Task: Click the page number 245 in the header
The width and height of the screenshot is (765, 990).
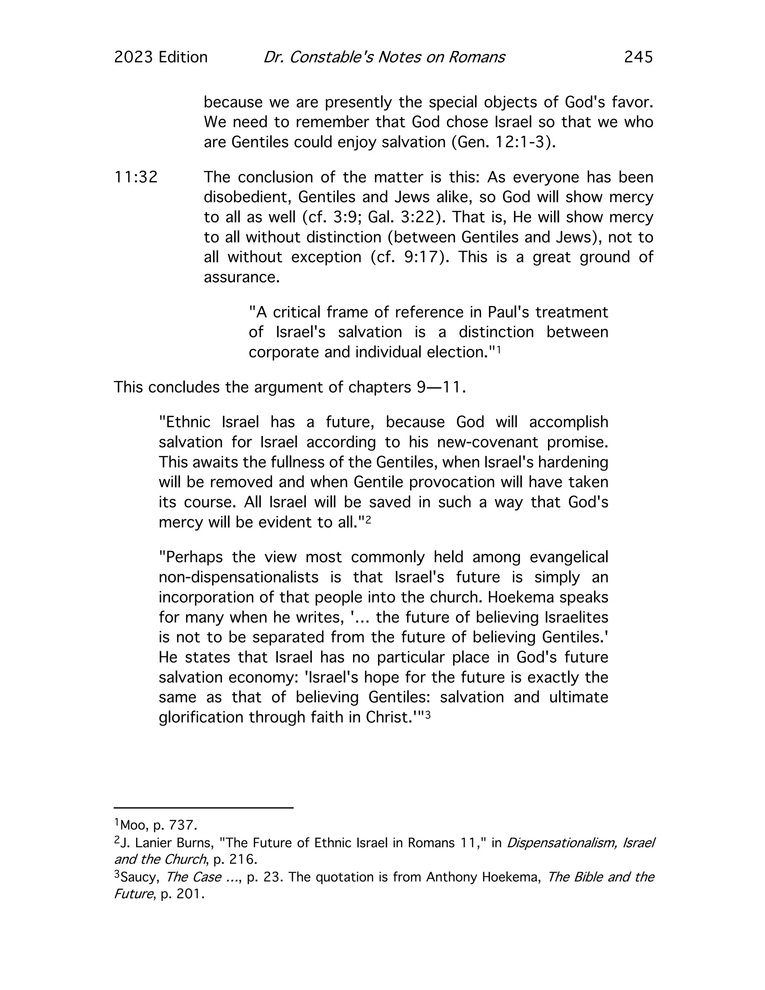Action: pyautogui.click(x=638, y=57)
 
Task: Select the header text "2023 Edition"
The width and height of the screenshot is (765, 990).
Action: pyautogui.click(x=161, y=57)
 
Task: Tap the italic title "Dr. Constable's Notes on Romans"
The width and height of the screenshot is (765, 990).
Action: pyautogui.click(x=384, y=57)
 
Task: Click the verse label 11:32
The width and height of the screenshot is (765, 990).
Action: pyautogui.click(x=136, y=177)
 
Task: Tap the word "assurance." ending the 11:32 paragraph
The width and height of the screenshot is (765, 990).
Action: pyautogui.click(x=242, y=277)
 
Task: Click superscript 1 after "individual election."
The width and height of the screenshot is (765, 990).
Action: pyautogui.click(x=499, y=349)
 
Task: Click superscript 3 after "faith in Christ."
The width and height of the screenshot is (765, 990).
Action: pyautogui.click(x=427, y=714)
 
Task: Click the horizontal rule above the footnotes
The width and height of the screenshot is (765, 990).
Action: pyautogui.click(x=204, y=807)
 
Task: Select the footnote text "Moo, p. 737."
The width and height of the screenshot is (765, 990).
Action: pyautogui.click(x=158, y=825)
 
